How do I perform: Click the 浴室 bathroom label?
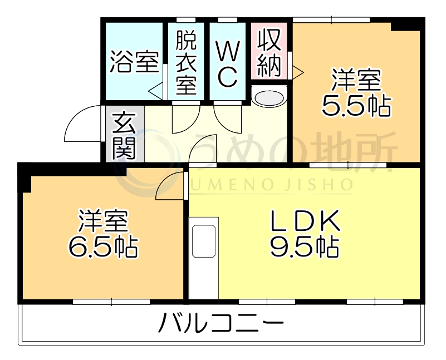[134, 62]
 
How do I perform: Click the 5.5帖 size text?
[356, 105]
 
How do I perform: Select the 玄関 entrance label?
[125, 135]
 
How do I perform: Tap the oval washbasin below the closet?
[269, 98]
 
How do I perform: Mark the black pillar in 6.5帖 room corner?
[25, 177]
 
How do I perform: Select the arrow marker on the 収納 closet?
[297, 71]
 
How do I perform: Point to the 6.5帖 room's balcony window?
[111, 302]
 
